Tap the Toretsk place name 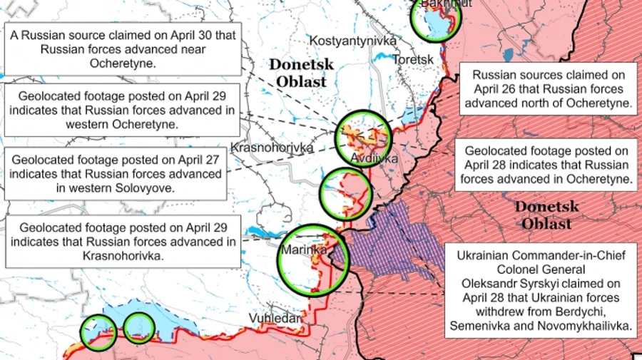(x=412, y=60)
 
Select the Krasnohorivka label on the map (x=273, y=148)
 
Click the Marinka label (x=303, y=251)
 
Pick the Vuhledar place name (x=275, y=319)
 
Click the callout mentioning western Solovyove (x=116, y=174)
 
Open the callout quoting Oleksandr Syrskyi (x=540, y=290)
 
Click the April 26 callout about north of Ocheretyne (x=549, y=89)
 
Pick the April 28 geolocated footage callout (x=546, y=165)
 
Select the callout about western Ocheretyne (x=121, y=110)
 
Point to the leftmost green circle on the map (x=98, y=332)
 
